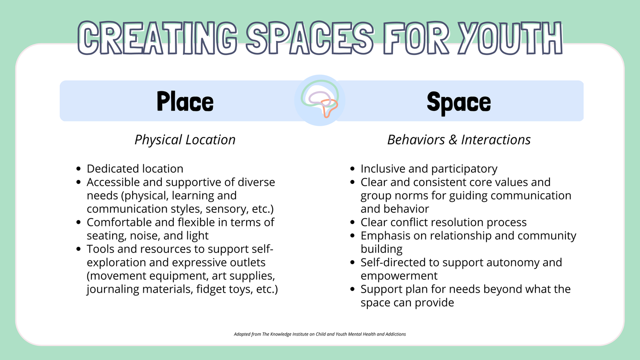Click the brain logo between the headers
point(320,100)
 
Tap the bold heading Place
point(185,102)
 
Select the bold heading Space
point(459,102)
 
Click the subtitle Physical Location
point(185,140)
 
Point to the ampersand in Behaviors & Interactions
point(453,140)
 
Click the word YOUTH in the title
point(510,39)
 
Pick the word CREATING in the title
point(157,39)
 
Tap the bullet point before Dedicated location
point(78,169)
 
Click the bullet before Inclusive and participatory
point(352,169)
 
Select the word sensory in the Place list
point(227,209)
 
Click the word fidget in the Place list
point(211,289)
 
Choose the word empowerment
point(399,276)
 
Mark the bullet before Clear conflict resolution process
point(352,223)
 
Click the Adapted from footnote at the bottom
point(320,334)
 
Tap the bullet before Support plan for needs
point(352,289)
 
